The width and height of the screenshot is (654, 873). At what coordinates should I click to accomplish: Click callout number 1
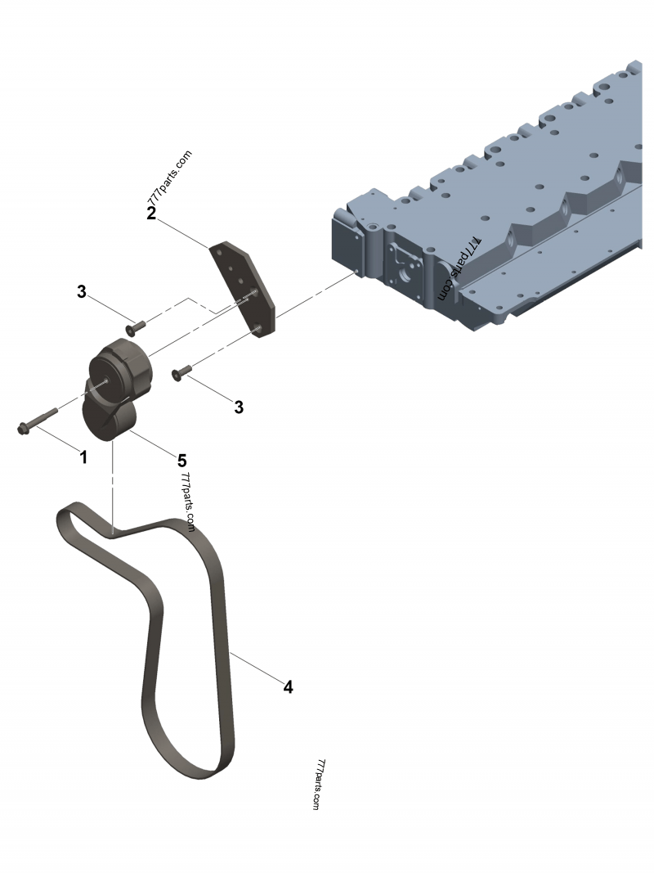pos(83,457)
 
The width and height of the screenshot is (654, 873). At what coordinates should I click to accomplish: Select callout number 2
pos(151,214)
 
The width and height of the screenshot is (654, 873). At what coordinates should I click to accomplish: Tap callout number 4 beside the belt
pos(288,686)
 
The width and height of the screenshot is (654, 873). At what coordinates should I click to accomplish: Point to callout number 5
pos(181,461)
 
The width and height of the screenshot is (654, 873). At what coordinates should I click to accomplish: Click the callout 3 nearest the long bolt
pos(82,291)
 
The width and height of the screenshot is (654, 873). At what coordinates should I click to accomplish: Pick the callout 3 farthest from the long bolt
pos(239,407)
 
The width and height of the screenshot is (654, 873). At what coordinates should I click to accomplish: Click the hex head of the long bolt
pos(24,428)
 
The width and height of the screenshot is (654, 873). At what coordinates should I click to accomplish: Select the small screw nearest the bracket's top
pos(135,327)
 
